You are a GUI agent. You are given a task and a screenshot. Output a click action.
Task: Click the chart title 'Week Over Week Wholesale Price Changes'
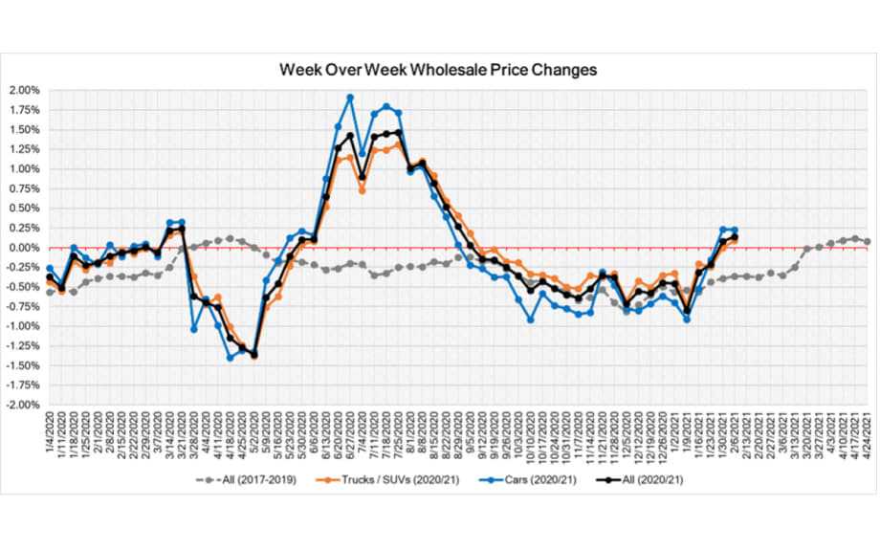pos(438,70)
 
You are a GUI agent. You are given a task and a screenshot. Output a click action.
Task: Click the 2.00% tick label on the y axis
pos(25,90)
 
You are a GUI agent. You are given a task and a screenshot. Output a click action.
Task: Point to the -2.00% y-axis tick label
pos(23,405)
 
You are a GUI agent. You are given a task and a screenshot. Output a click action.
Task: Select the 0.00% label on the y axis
pos(25,248)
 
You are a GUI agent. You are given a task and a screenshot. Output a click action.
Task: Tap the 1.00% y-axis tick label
pos(25,169)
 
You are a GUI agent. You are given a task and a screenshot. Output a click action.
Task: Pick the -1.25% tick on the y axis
pos(23,345)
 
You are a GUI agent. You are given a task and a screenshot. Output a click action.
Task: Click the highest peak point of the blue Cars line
pos(350,98)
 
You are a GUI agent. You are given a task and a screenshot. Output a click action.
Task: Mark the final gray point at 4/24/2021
pos(867,241)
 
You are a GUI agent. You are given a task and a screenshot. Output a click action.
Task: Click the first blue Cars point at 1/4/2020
pos(50,269)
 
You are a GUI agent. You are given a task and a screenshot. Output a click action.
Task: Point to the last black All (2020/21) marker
pos(734,238)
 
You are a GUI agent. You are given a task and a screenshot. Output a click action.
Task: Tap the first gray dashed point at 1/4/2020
pos(50,292)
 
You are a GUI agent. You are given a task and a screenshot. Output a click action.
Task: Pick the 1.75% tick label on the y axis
pos(25,110)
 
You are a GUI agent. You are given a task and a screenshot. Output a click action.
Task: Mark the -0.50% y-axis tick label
pos(23,287)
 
